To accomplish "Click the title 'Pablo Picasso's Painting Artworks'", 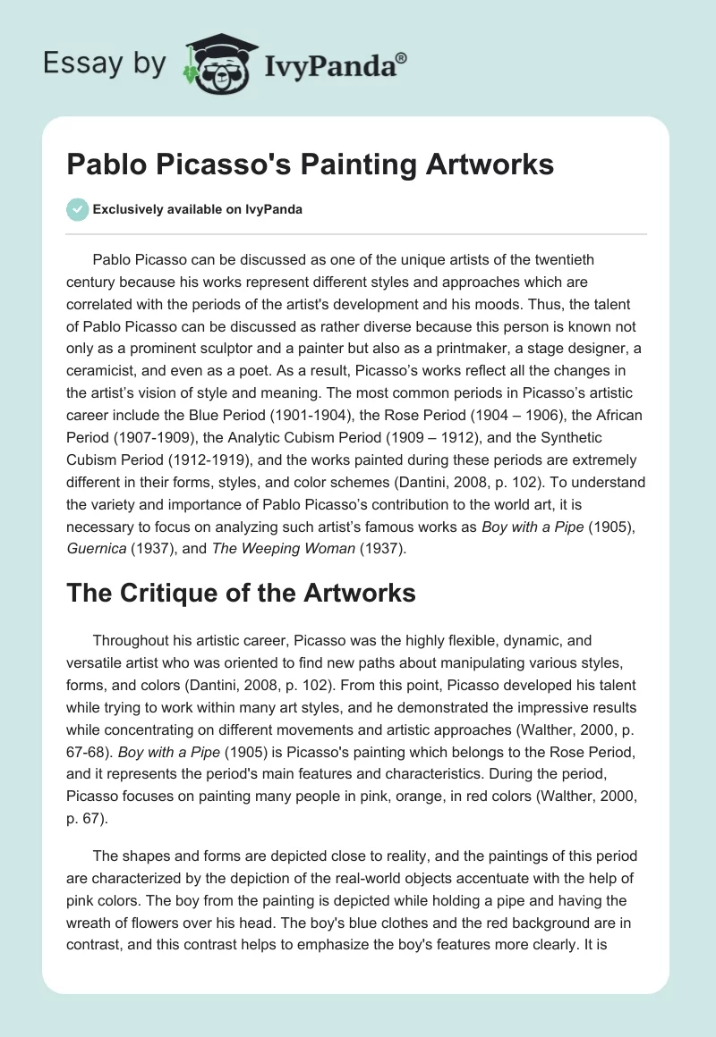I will [311, 164].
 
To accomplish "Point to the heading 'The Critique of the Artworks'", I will [241, 593].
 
